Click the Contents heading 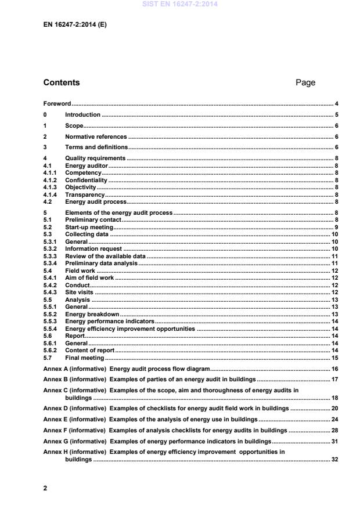click(x=62, y=82)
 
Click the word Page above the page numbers click(x=305, y=82)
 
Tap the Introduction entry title click(x=82, y=115)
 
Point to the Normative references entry click(x=96, y=136)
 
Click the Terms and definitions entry click(x=96, y=147)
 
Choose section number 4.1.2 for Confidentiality click(x=51, y=181)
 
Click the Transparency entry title click(x=85, y=196)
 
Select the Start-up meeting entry click(x=89, y=228)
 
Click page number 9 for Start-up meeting click(x=336, y=228)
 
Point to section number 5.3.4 click(x=51, y=263)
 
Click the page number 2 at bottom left click(x=45, y=488)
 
